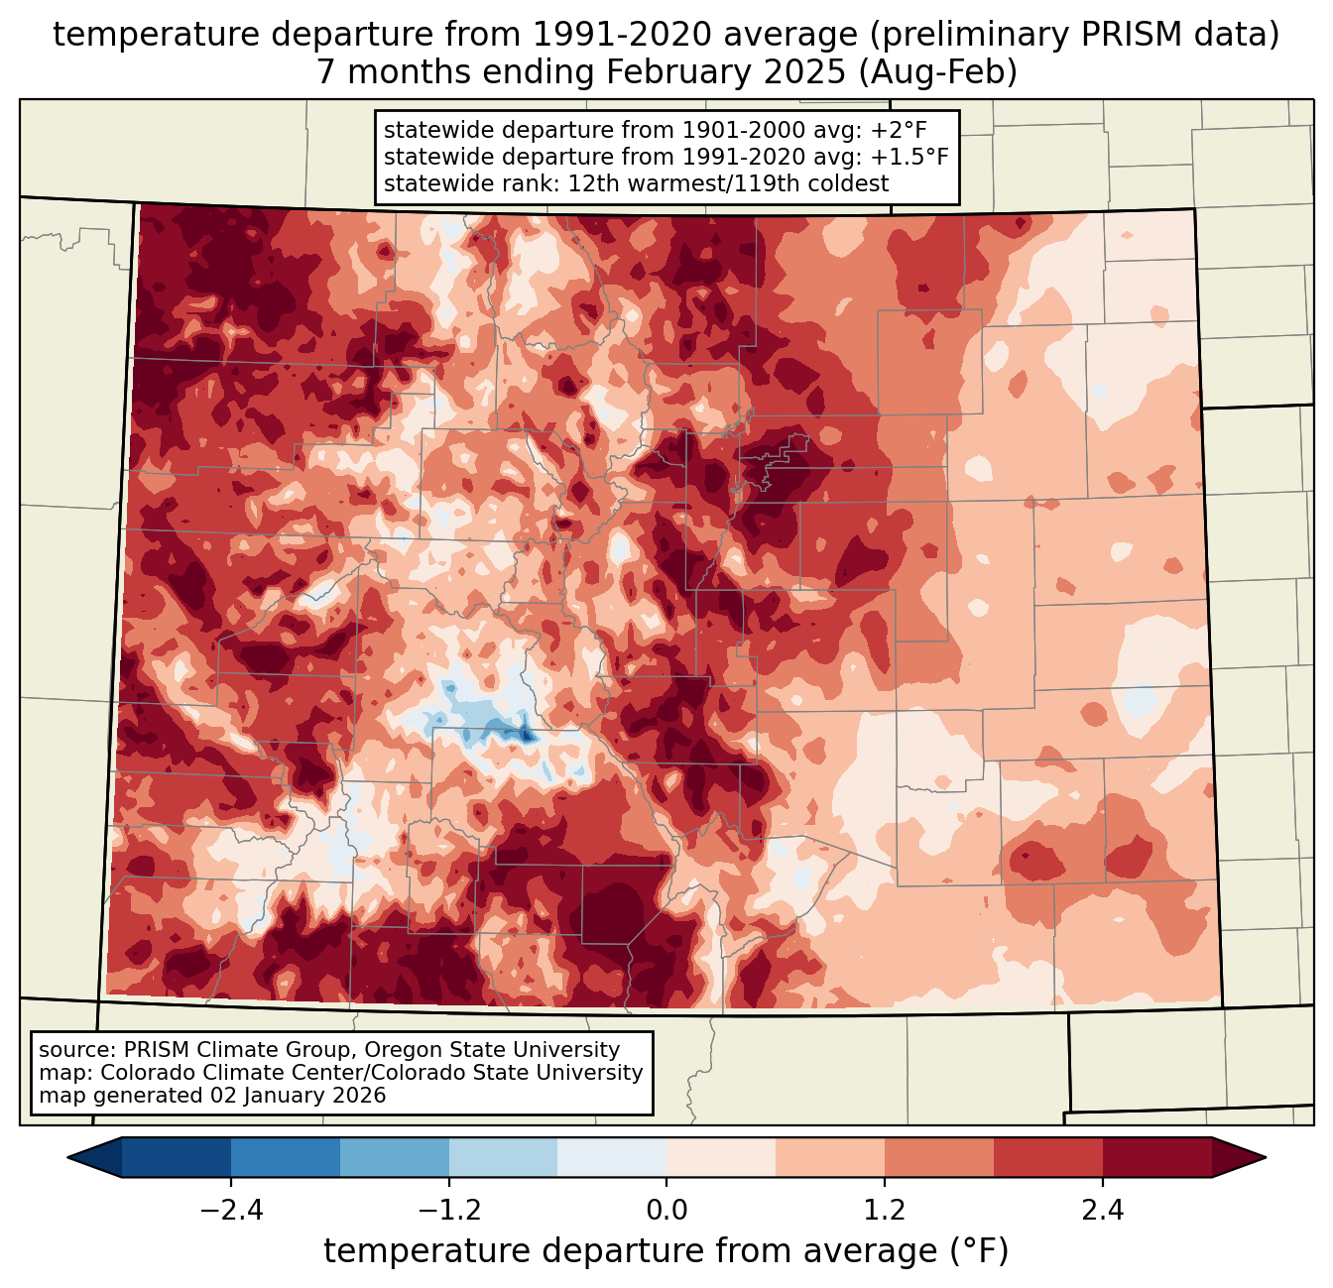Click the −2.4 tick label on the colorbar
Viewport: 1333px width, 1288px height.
click(231, 1211)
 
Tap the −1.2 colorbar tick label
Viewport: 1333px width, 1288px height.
click(448, 1211)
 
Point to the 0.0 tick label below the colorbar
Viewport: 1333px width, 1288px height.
click(666, 1211)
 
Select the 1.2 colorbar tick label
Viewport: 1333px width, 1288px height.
click(885, 1211)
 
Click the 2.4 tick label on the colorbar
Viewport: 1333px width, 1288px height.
click(1103, 1211)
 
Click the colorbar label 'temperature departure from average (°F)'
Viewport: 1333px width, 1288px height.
click(666, 1251)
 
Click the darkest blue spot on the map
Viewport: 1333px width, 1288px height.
click(526, 736)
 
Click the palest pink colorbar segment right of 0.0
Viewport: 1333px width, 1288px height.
click(721, 1157)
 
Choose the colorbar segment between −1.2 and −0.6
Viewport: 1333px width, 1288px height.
click(503, 1157)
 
